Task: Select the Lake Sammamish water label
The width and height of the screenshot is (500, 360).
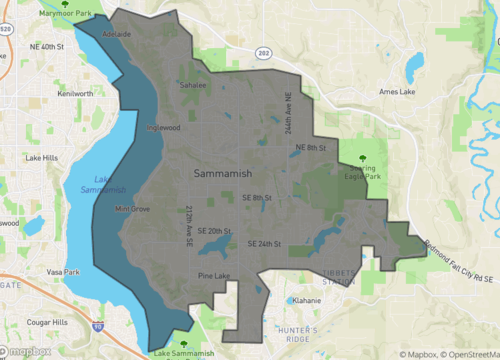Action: coord(87,183)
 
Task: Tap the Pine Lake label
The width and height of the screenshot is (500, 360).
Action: coord(213,275)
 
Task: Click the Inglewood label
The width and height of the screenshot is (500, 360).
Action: coord(162,128)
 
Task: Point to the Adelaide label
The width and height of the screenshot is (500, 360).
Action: coord(117,34)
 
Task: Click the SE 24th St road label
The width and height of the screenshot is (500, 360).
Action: coord(264,244)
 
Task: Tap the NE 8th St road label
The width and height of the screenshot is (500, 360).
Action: coord(311,147)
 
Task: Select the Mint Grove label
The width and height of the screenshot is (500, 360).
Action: coord(132,209)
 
